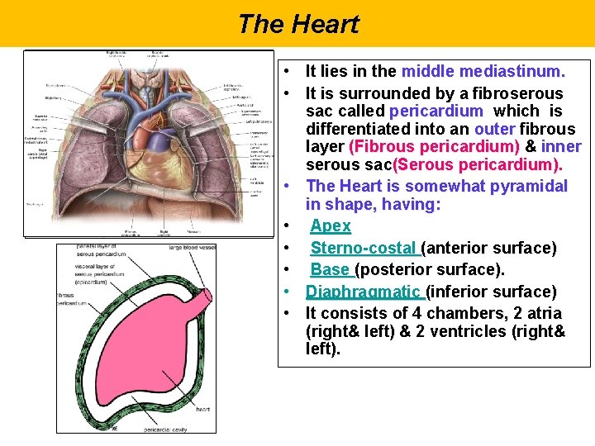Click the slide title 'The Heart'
297,24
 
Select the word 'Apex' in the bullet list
331,226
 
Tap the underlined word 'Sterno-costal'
364,248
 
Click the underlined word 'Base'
330,270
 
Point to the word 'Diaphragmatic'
364,292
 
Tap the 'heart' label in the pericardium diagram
202,409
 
